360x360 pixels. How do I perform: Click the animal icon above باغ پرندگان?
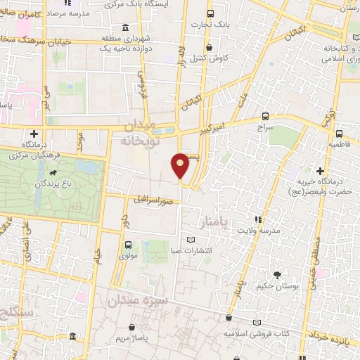tap(53, 172)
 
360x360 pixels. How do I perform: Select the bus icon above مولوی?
tap(128, 245)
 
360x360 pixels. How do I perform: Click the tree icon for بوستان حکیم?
tap(277, 275)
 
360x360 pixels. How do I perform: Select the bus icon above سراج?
tap(265, 116)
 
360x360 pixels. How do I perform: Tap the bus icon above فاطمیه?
tap(340, 133)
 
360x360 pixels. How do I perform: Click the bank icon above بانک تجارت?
tap(210, 14)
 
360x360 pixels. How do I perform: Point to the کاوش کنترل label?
tap(207, 58)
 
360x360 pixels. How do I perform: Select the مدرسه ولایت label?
tap(258, 231)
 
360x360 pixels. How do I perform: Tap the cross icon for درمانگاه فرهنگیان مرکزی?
tap(34, 134)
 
